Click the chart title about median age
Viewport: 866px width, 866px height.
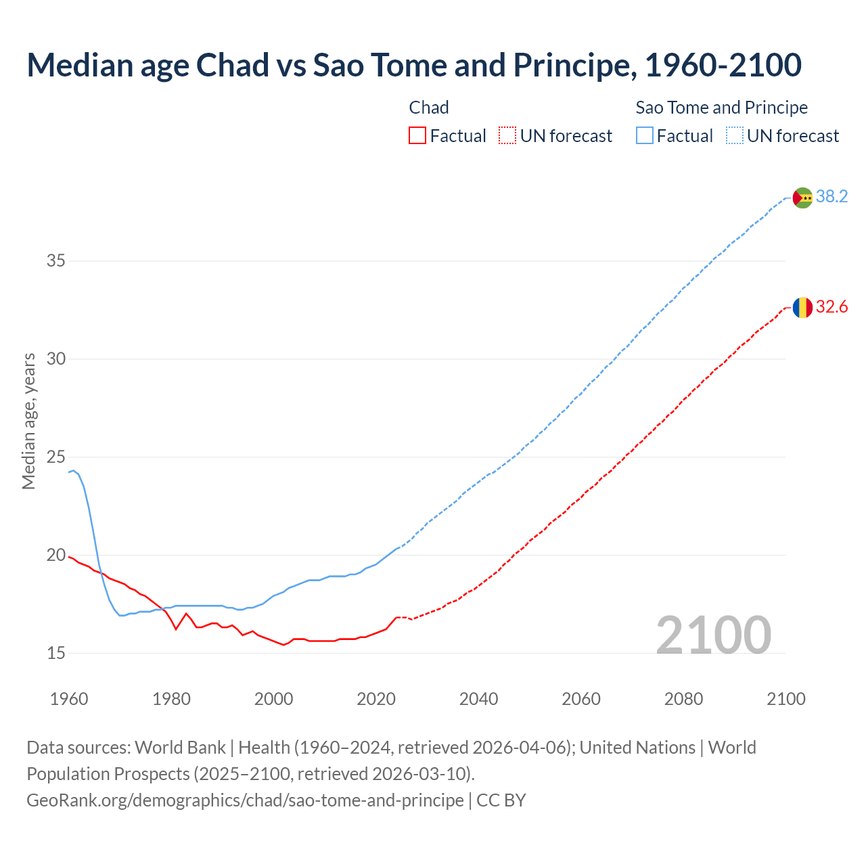click(x=414, y=66)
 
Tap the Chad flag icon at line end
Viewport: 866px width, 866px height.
click(x=802, y=307)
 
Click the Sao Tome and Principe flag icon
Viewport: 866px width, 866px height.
click(x=802, y=198)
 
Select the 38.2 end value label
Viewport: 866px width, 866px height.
click(x=831, y=197)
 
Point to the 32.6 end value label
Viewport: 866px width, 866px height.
click(x=831, y=307)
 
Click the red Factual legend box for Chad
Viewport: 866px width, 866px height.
click(x=417, y=136)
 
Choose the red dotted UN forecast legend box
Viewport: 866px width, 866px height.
click(x=507, y=136)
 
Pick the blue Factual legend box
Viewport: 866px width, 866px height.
click(x=645, y=136)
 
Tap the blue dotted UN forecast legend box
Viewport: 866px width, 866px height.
click(x=734, y=136)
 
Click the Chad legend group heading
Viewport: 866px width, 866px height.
click(x=429, y=108)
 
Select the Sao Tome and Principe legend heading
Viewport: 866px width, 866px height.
click(x=721, y=108)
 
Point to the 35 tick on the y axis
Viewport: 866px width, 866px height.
click(x=56, y=260)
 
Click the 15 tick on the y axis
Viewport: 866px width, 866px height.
click(x=56, y=653)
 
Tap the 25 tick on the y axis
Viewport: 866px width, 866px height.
click(x=56, y=457)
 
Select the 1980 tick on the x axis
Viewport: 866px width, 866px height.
click(x=171, y=699)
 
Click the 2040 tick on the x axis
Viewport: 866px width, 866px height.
click(x=478, y=699)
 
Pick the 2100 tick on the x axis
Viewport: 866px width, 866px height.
click(x=785, y=699)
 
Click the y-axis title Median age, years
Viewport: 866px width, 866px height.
click(x=28, y=421)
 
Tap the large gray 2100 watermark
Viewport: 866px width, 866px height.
click(x=713, y=635)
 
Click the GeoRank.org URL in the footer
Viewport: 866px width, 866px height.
click(x=245, y=800)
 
